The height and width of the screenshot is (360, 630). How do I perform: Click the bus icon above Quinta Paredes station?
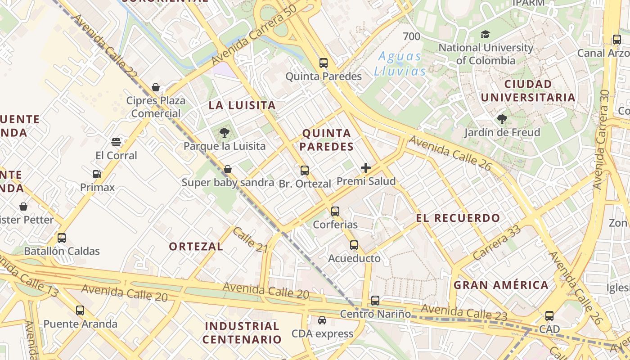coord(324,63)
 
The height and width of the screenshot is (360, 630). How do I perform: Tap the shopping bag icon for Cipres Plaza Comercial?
coord(156,87)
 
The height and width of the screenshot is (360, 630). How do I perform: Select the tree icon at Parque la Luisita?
coord(224,133)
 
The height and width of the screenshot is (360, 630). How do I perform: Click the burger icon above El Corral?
coord(116,142)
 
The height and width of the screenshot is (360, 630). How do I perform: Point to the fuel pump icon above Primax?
coord(97,174)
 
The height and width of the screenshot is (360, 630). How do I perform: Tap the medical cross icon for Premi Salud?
coord(366,168)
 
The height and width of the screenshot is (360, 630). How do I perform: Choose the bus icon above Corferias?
coord(335,211)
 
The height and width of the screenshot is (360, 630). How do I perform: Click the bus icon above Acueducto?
coord(354,245)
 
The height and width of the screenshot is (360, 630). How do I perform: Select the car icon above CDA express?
coord(322,320)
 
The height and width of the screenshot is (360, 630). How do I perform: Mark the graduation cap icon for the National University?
coord(485,35)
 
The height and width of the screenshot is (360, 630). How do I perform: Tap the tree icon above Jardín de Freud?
coord(502,119)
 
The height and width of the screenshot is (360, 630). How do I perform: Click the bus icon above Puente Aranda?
coord(80,310)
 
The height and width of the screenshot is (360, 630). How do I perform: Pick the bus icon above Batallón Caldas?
coord(62,238)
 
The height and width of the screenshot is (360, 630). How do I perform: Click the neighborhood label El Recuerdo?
coord(458,218)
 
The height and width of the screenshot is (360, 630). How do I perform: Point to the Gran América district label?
coord(501,285)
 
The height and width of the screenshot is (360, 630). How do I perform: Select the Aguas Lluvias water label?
coord(400,63)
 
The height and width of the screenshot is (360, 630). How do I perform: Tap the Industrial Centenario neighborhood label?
coord(242,333)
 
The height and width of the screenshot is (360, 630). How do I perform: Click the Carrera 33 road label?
coord(497,242)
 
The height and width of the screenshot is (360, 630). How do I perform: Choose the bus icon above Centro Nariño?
coord(375,301)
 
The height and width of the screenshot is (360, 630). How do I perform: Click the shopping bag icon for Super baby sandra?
coord(228,170)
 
